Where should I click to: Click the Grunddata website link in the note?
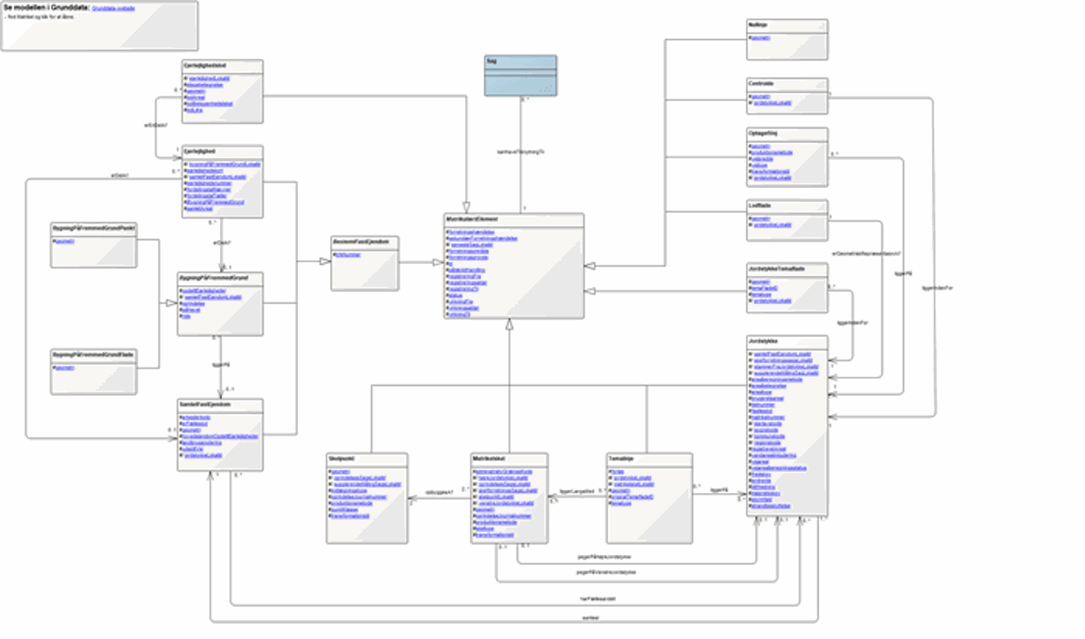coord(113,8)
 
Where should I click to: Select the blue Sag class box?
coord(520,76)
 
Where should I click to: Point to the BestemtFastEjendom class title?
coord(355,242)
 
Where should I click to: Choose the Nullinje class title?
coord(758,25)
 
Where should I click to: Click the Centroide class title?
coord(760,84)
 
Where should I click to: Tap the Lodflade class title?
coord(759,206)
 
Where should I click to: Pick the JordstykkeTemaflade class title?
coord(775,268)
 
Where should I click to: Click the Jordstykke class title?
coord(763,341)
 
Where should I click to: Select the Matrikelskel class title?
coord(487,459)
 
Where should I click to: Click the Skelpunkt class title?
coord(340,459)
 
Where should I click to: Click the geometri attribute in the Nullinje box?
coord(761,37)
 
